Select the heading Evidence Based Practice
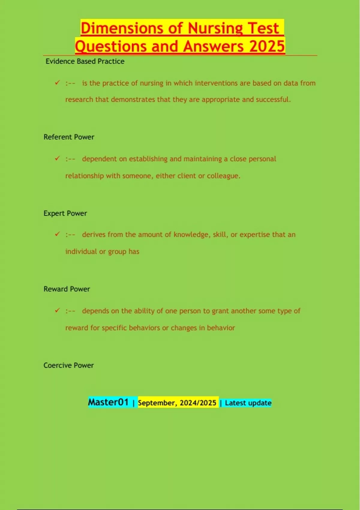[85, 61]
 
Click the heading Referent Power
[69, 137]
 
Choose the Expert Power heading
[65, 213]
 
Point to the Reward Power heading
[67, 289]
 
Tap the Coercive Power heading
[68, 365]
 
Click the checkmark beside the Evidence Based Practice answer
[57, 82]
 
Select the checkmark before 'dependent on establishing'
[57, 158]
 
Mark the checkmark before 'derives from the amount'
[57, 234]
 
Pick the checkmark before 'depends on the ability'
[57, 310]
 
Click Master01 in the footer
[108, 402]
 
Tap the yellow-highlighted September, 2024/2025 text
[177, 403]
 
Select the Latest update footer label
[248, 403]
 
